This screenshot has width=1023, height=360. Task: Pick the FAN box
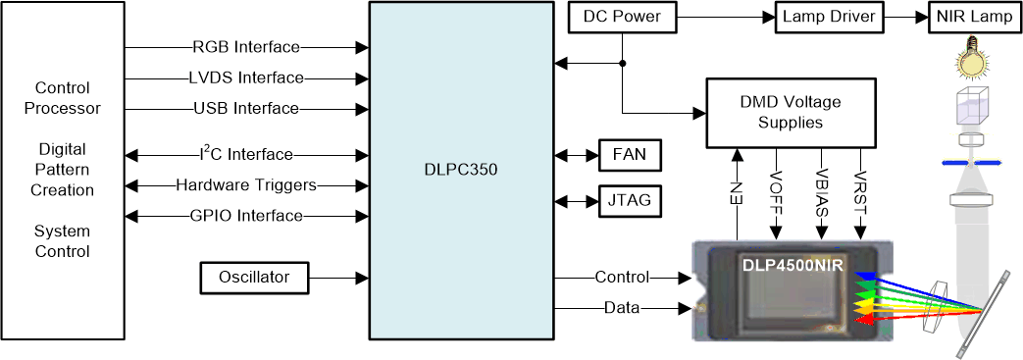(x=629, y=155)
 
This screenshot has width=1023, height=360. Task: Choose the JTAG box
(x=629, y=201)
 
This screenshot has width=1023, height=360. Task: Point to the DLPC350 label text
(x=455, y=169)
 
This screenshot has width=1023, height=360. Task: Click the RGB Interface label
(x=246, y=47)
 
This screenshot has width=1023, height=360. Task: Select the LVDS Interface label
(x=246, y=77)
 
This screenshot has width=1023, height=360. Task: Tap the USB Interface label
(x=246, y=108)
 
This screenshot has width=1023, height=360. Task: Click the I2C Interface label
(x=245, y=154)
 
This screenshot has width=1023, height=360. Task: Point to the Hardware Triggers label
(x=245, y=184)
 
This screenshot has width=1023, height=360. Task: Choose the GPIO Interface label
(x=245, y=215)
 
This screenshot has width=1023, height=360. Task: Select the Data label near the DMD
(x=621, y=308)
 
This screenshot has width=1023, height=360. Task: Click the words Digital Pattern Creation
(x=63, y=170)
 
